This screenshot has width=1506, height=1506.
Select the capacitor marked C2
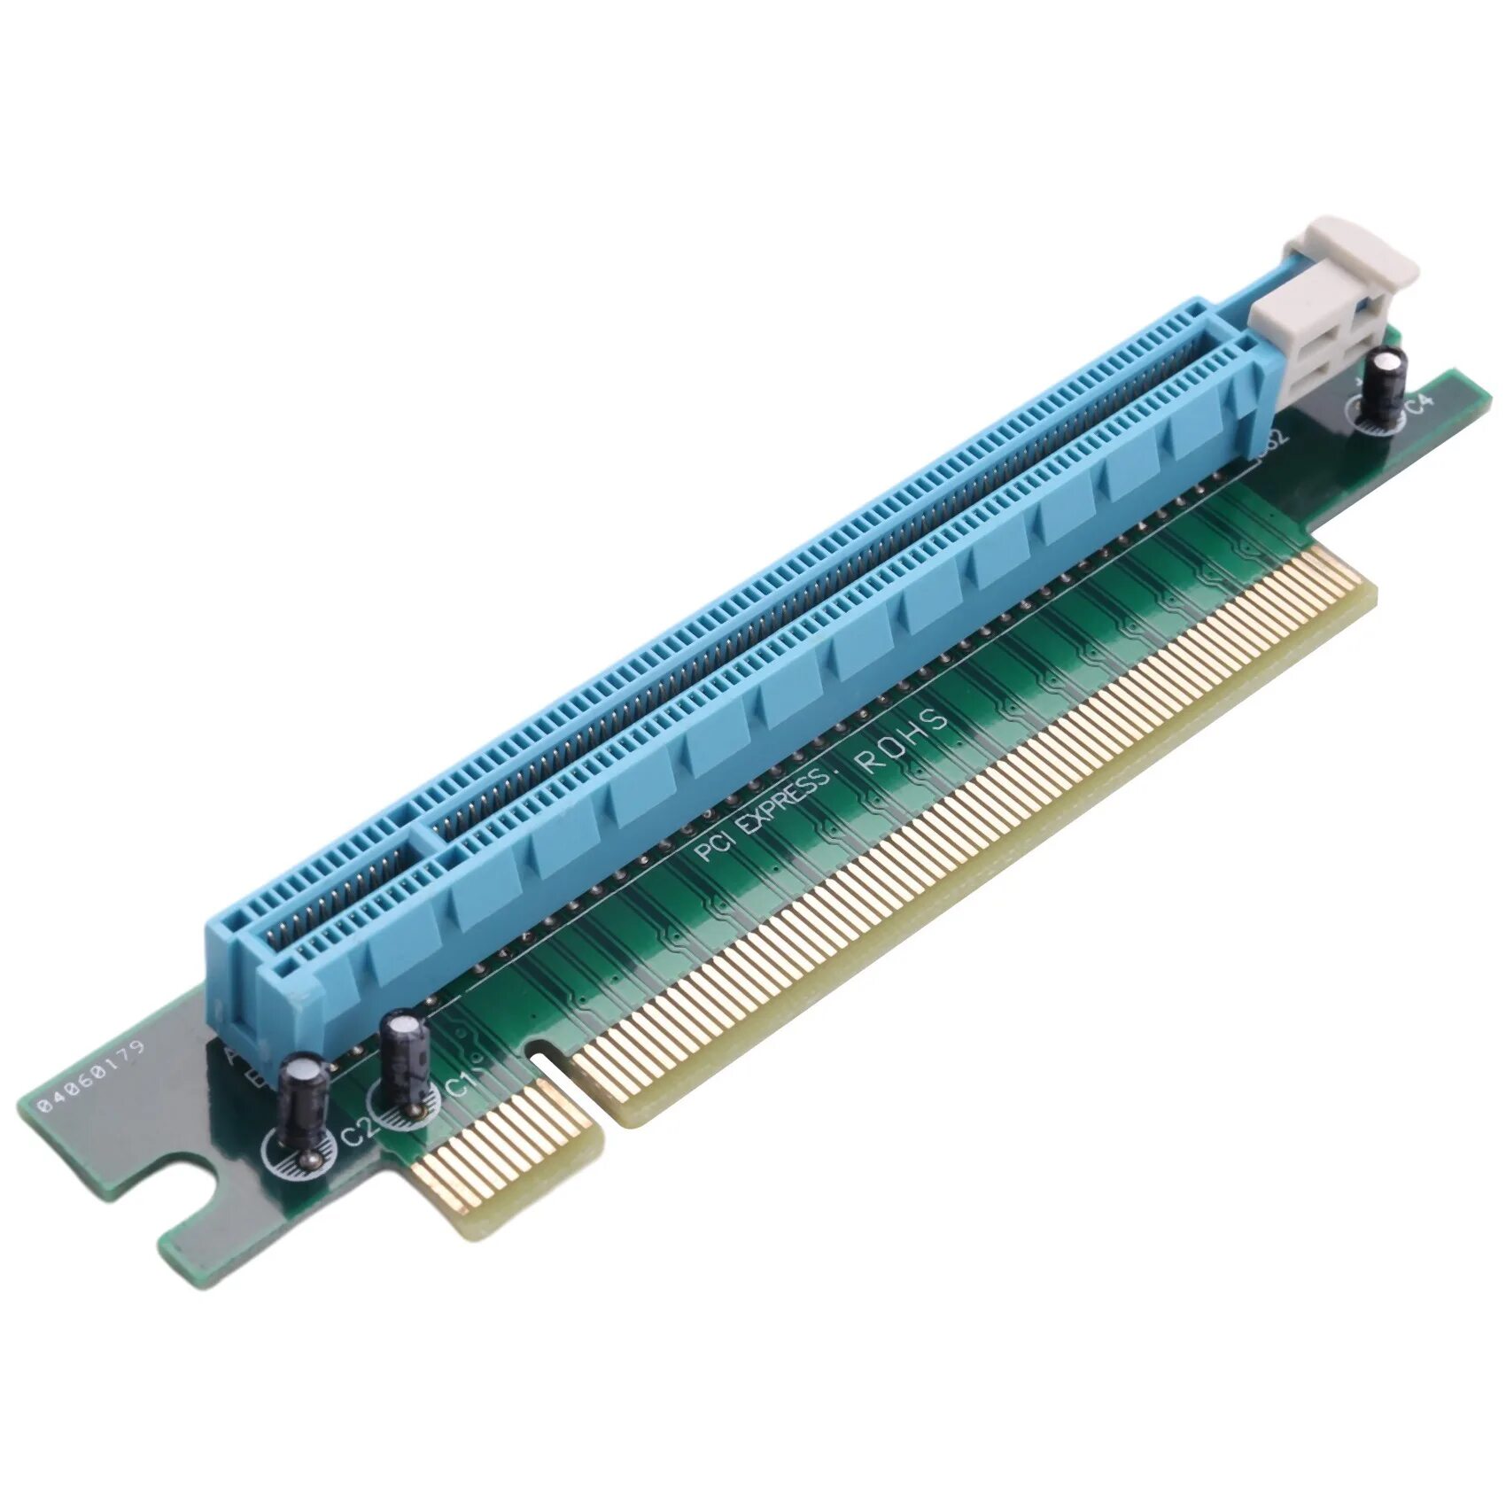pos(303,1103)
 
